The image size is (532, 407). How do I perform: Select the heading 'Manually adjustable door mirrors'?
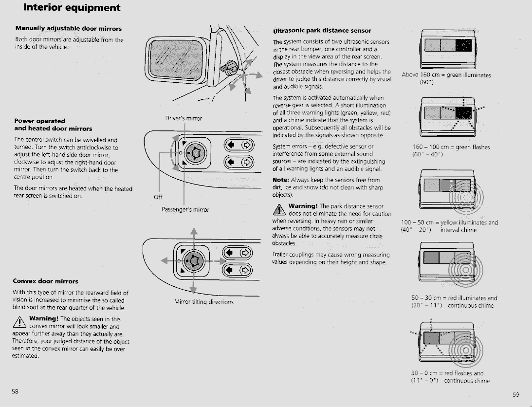[x=69, y=29]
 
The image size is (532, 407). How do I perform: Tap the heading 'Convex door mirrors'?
[x=45, y=281]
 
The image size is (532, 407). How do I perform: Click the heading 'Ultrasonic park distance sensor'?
[x=322, y=31]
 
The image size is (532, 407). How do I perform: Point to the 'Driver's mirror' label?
[x=184, y=118]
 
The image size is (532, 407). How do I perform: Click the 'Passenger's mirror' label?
[x=185, y=210]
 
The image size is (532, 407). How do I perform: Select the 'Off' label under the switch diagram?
[x=158, y=197]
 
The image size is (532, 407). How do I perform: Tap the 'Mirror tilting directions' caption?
[x=203, y=302]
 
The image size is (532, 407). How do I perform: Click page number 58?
[x=15, y=392]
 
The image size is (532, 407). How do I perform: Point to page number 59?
[x=516, y=395]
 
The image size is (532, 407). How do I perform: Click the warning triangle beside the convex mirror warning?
[x=20, y=321]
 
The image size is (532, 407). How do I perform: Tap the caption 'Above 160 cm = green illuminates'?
[x=446, y=75]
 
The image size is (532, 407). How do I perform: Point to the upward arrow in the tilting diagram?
[x=194, y=233]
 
